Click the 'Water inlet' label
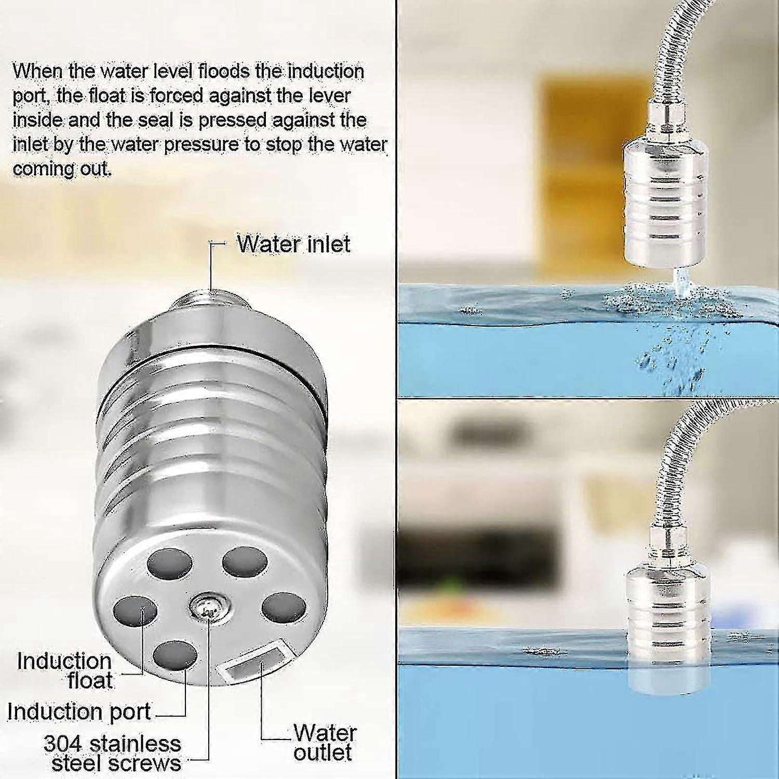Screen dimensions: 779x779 tap(293, 244)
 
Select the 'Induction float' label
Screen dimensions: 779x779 tap(65, 671)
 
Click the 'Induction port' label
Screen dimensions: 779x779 tap(79, 711)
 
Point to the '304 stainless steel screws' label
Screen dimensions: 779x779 tap(113, 754)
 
